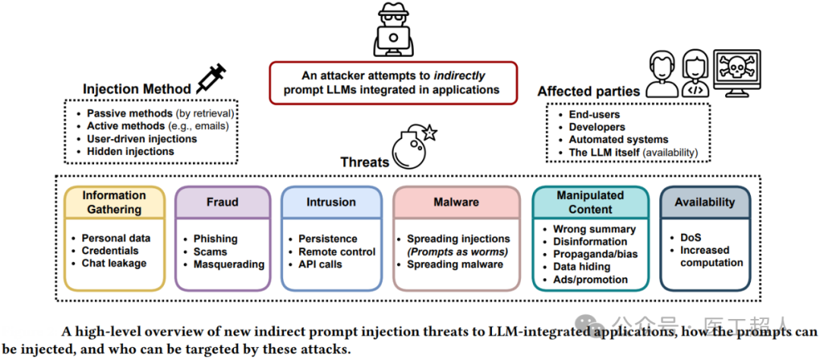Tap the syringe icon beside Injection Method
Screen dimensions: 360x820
tap(212, 78)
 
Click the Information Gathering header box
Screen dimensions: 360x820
tap(115, 203)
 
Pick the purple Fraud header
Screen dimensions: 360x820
tap(222, 202)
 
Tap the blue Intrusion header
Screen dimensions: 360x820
tap(331, 202)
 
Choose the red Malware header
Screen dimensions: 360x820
tap(456, 202)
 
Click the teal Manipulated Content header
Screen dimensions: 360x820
tap(590, 202)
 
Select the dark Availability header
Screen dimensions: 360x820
tap(705, 202)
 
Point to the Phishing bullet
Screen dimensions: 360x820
tap(215, 238)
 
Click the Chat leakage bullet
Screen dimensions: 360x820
tap(114, 264)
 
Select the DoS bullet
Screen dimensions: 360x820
tap(690, 237)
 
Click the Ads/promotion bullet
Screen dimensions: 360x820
tap(590, 279)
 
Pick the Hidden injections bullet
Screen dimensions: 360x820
tap(130, 151)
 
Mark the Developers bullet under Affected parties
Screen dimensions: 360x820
tap(597, 127)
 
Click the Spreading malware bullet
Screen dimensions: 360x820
tap(455, 264)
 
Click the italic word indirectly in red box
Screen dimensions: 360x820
tap(459, 76)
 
